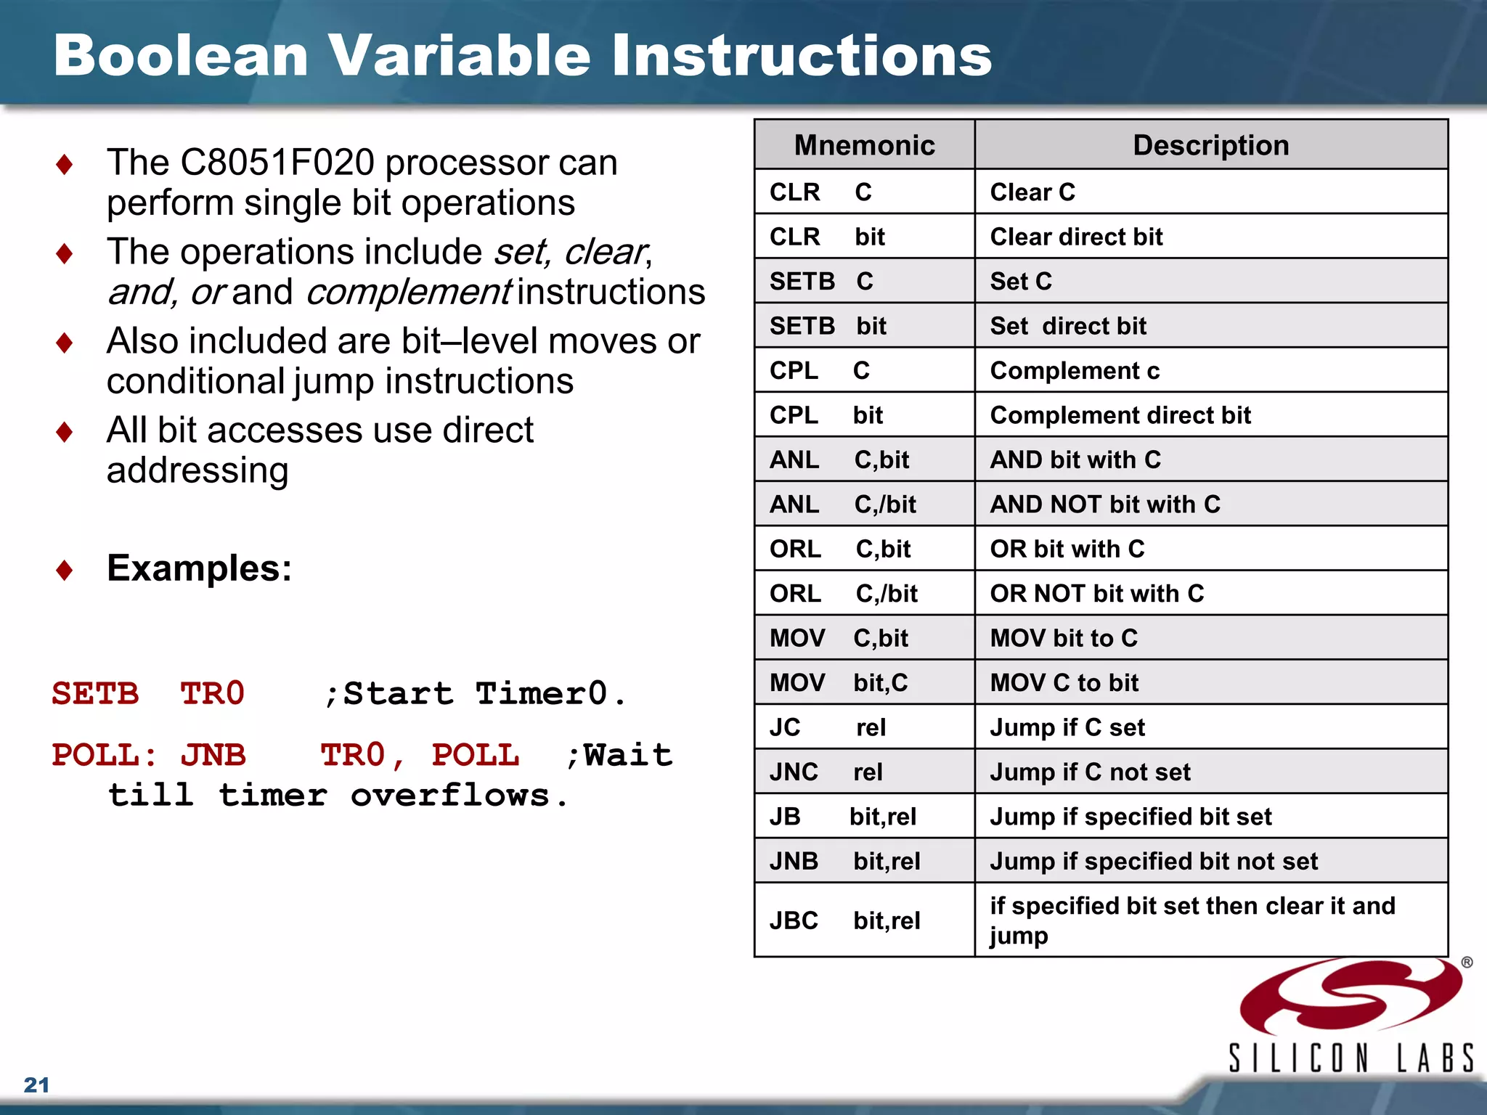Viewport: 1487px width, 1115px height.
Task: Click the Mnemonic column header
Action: point(864,145)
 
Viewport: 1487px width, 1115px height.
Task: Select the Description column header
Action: point(1210,145)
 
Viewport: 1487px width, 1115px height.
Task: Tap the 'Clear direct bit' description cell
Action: point(1076,237)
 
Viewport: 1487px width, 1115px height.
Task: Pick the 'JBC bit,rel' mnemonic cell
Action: point(845,920)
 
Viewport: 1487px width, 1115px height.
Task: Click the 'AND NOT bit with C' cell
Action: point(1105,504)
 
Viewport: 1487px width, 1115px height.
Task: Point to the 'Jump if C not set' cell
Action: point(1090,772)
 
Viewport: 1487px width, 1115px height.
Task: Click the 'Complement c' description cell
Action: point(1075,371)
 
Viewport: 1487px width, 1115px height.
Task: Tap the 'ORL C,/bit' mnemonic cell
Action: point(844,593)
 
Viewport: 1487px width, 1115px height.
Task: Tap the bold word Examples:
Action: point(199,568)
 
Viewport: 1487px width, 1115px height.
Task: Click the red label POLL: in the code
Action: point(105,755)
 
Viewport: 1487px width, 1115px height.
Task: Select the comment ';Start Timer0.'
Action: point(476,693)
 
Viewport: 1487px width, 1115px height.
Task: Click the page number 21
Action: point(37,1085)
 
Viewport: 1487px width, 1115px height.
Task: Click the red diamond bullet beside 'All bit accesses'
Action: point(64,431)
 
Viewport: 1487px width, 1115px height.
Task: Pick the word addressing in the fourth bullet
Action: point(197,470)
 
